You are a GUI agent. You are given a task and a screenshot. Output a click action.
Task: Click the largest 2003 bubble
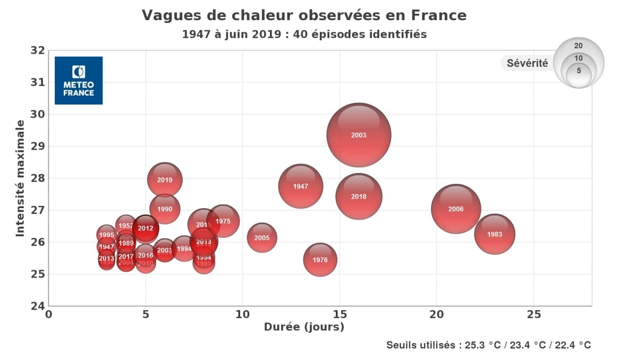coord(359,135)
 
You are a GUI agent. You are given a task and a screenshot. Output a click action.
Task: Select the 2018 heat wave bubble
coord(359,196)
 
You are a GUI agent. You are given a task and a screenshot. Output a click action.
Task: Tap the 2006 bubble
coord(456,209)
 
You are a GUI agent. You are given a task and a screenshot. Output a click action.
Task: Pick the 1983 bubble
coord(495,234)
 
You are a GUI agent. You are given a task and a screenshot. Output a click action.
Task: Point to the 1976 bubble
coord(320,260)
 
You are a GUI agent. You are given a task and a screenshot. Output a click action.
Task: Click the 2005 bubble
coord(262,238)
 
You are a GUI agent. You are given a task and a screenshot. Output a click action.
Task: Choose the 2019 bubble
coord(165,180)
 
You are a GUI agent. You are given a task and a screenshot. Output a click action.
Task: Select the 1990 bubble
coord(165,209)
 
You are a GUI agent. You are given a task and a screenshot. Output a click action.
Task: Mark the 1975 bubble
coord(223,221)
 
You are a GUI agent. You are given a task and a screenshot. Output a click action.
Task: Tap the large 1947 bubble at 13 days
coord(301,186)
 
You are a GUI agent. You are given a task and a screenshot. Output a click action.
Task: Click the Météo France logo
coord(79,80)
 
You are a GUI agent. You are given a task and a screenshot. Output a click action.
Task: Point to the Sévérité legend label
coord(527,63)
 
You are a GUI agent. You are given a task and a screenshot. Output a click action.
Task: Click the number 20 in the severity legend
coord(579,46)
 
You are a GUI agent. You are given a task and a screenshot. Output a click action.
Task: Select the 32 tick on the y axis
coord(37,50)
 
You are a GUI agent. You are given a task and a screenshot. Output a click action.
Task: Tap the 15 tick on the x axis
coord(340,314)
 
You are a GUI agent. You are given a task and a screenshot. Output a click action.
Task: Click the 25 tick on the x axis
coord(533,314)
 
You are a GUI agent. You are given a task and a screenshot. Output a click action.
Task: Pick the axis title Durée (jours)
coord(304,327)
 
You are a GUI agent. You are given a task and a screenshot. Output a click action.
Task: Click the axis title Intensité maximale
coord(20,178)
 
